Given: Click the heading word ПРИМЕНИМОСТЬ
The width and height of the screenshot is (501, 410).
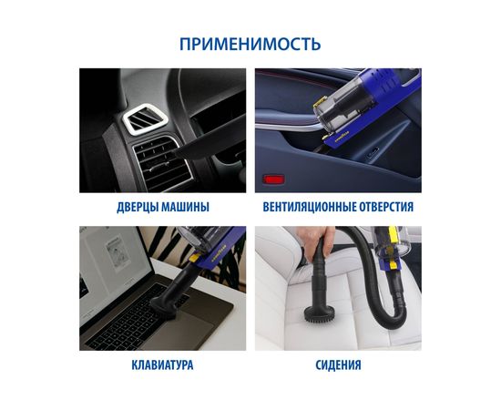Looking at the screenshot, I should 250,44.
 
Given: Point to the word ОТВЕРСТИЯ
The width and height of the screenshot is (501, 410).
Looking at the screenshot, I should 385,208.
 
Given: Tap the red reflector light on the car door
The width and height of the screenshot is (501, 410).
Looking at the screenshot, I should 272,173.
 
